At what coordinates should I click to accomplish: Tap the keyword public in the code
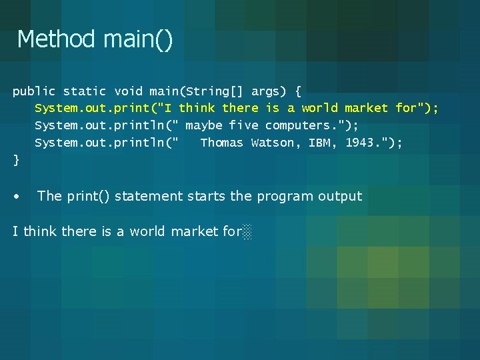pos(34,91)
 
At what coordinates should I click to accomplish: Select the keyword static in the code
pos(84,91)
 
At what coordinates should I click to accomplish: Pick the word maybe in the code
pos(203,125)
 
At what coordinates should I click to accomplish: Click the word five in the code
pos(243,125)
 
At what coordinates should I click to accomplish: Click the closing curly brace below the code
pos(16,160)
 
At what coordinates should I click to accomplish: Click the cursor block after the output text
pos(247,232)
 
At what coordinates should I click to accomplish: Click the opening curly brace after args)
pos(297,91)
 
